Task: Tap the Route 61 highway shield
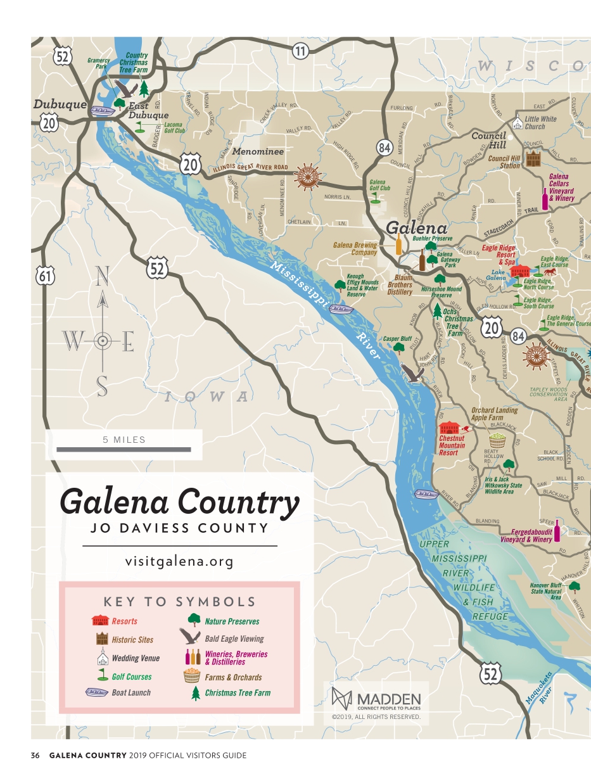46,276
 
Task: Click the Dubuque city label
60,105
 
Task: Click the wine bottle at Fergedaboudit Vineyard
557,531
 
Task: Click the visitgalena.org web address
179,561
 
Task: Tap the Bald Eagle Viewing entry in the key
234,639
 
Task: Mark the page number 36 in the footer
35,755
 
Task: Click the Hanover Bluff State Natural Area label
545,591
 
